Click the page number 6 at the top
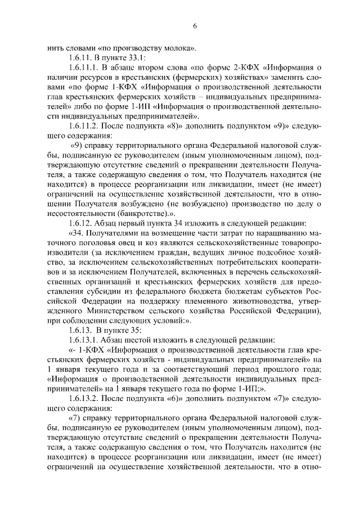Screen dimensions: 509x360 [195, 26]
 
